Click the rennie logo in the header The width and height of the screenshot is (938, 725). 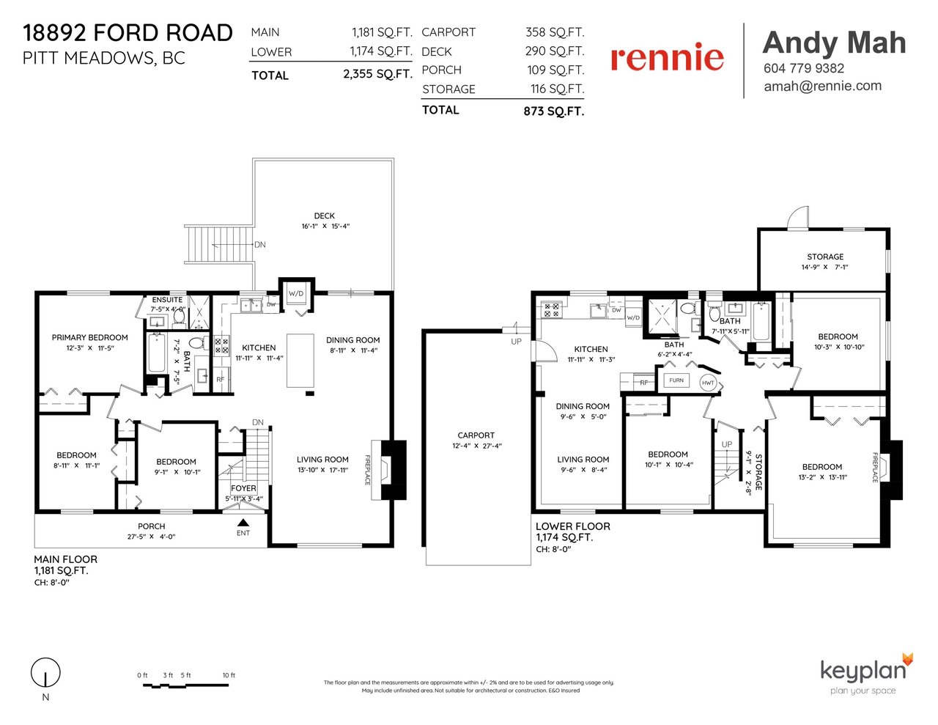[x=667, y=56]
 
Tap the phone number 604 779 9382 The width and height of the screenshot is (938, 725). [x=803, y=68]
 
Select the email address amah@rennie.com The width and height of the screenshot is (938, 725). [x=822, y=86]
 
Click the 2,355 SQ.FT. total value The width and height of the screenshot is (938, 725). [x=377, y=74]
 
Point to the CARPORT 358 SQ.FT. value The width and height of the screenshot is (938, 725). [x=555, y=32]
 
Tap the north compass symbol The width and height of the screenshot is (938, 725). [x=45, y=672]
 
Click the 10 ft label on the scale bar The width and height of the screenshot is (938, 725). [x=229, y=675]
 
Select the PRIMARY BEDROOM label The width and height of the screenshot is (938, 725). [x=90, y=337]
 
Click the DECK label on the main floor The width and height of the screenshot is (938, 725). [x=324, y=216]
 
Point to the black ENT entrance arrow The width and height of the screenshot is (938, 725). [x=243, y=522]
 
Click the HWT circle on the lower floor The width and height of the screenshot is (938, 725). [x=708, y=383]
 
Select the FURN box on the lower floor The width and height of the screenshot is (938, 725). [x=676, y=380]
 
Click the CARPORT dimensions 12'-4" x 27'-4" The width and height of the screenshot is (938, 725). [x=477, y=446]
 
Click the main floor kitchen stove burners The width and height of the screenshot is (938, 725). [x=222, y=345]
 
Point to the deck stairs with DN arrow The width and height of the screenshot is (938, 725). [x=218, y=244]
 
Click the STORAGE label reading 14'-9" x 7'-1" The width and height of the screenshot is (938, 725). [x=825, y=262]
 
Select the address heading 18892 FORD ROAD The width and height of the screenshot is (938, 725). [x=128, y=33]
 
